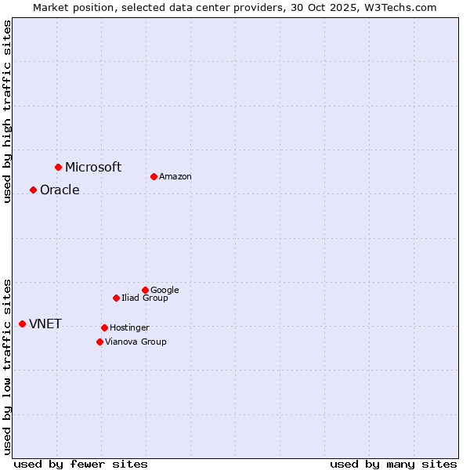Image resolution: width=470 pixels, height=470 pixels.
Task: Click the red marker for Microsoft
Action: click(x=58, y=167)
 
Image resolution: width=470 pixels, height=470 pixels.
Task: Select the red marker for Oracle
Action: click(x=33, y=190)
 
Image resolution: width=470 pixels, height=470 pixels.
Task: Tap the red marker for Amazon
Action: click(x=154, y=176)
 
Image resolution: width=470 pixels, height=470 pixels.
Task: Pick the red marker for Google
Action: click(x=145, y=290)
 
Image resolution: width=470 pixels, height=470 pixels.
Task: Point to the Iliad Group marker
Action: click(x=116, y=298)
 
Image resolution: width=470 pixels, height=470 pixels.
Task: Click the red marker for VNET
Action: click(x=22, y=324)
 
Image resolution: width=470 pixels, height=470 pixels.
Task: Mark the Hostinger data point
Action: click(x=104, y=327)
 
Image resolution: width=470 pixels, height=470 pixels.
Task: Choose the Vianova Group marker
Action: click(x=99, y=342)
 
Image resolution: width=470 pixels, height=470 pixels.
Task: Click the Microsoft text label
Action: click(x=93, y=167)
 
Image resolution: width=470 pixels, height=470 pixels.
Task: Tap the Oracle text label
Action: click(x=60, y=190)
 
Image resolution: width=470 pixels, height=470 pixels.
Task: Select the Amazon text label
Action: click(x=175, y=176)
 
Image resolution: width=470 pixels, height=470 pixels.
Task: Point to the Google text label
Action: click(x=164, y=290)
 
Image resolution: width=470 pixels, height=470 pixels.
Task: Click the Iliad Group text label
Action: click(x=145, y=298)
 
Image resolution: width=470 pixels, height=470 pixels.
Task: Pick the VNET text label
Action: click(x=45, y=324)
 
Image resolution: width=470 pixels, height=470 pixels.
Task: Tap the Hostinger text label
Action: click(x=129, y=327)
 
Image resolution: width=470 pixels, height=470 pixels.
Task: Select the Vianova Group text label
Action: click(x=136, y=342)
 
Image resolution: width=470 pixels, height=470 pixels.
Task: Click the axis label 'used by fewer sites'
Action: click(x=81, y=464)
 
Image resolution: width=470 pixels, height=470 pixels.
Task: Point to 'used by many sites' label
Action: click(x=393, y=464)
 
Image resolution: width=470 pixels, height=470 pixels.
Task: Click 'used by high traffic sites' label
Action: click(x=8, y=111)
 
